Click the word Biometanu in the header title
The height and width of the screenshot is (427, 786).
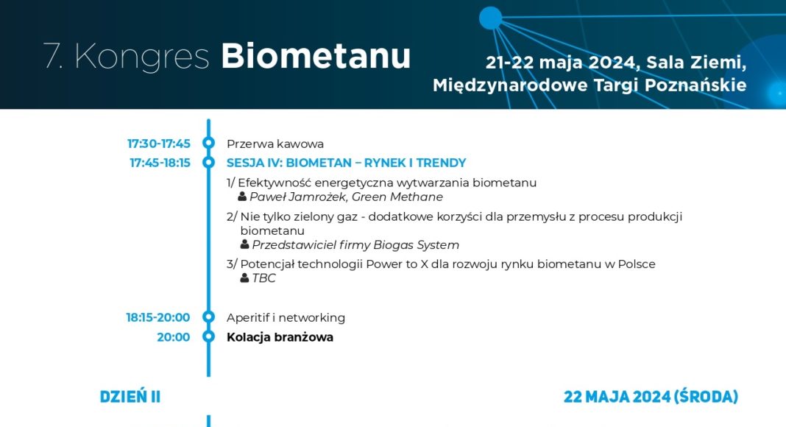(x=316, y=56)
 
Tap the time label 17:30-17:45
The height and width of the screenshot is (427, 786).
(x=159, y=144)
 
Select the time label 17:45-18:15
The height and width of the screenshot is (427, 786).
(x=160, y=163)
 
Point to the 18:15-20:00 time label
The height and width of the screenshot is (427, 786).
(x=158, y=318)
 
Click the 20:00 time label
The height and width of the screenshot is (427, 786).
(x=174, y=337)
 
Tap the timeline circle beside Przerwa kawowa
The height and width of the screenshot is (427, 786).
(x=208, y=144)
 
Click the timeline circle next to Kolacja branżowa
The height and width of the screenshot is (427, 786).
(x=208, y=336)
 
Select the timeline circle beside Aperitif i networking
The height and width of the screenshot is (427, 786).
(x=208, y=317)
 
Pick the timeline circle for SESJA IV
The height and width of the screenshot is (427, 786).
(x=208, y=163)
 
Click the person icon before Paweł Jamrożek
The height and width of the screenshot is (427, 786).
(x=242, y=197)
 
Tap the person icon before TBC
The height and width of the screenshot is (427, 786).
(x=244, y=278)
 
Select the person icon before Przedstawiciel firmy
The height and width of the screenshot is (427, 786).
(x=244, y=244)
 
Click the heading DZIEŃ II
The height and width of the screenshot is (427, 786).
(x=130, y=396)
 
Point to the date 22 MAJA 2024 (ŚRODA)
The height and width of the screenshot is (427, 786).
(x=651, y=396)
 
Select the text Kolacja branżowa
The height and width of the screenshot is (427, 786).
(x=280, y=337)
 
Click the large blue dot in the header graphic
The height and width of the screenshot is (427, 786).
(x=490, y=18)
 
